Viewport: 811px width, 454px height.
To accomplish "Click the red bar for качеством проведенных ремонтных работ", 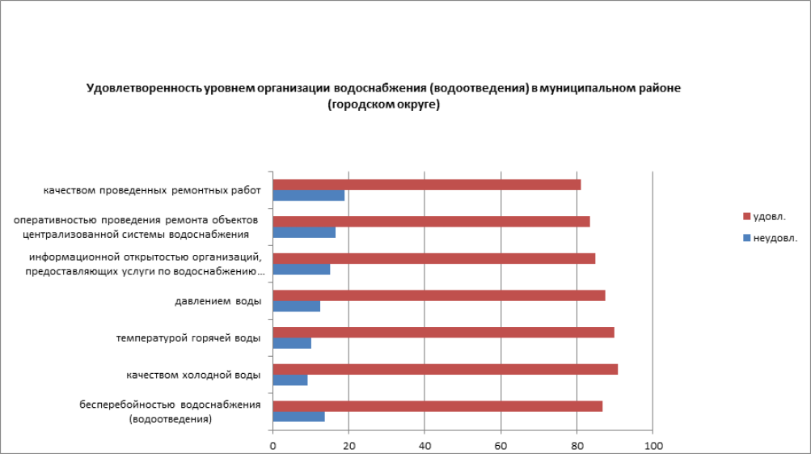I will click(426, 185).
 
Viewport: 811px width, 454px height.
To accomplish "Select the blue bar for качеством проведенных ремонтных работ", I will click(308, 196).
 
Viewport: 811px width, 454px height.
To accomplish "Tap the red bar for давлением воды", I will click(438, 295).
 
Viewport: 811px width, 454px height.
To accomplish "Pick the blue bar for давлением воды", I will click(296, 307).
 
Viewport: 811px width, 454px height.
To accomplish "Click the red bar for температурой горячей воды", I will click(443, 333).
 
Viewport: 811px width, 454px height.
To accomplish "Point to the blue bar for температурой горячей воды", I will click(292, 343).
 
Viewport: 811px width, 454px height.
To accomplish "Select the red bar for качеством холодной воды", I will click(445, 369).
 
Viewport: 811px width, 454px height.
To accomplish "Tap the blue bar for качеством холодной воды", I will click(290, 380).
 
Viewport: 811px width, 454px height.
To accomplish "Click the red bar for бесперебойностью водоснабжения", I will click(437, 406).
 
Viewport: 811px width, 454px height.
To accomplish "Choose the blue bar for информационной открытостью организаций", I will click(301, 269).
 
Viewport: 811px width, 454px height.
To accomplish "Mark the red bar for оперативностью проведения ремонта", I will click(431, 222).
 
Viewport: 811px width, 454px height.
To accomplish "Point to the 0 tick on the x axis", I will click(273, 445).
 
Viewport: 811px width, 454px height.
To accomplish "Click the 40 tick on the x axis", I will click(425, 445).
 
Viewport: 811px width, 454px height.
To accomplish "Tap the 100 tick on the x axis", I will click(653, 445).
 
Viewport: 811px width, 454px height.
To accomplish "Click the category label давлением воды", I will click(218, 302).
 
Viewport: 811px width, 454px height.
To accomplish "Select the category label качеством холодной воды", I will click(193, 376).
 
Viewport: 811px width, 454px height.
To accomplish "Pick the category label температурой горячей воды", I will click(188, 338).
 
